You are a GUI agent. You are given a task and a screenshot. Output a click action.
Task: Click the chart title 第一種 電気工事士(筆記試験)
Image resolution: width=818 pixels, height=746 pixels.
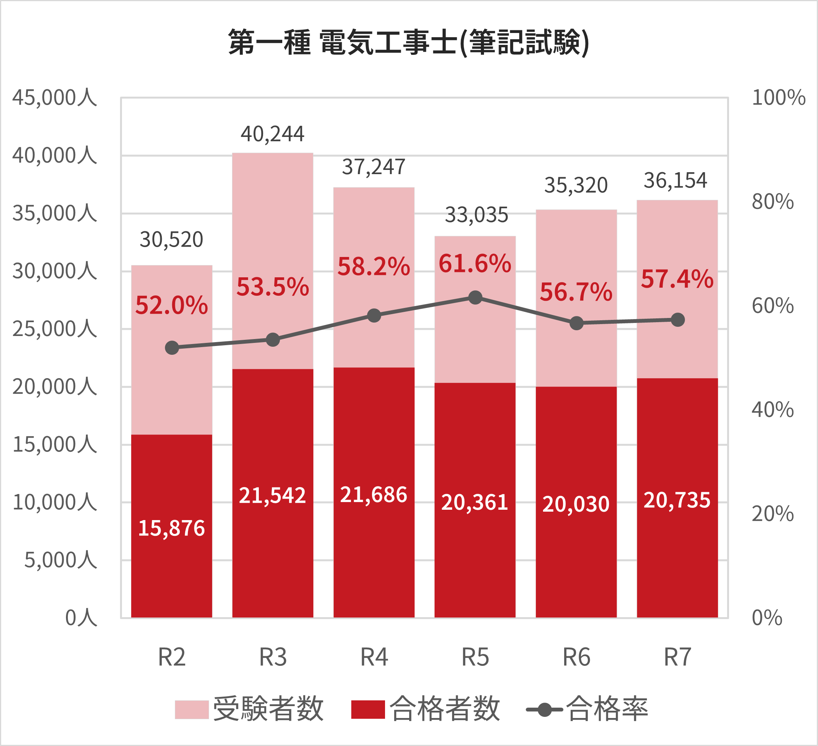(x=408, y=42)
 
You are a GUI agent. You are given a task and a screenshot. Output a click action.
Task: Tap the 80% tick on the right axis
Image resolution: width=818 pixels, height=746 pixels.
(x=772, y=202)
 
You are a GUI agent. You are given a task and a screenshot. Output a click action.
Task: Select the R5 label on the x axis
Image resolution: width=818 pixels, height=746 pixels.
(x=475, y=657)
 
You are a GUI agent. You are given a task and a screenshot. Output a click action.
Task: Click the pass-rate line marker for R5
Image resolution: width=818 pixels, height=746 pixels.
(x=475, y=298)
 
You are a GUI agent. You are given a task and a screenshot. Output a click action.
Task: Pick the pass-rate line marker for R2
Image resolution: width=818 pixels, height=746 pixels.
(x=172, y=347)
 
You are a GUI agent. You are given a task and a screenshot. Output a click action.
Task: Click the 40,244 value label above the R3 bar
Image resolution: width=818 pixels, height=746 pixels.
(x=272, y=134)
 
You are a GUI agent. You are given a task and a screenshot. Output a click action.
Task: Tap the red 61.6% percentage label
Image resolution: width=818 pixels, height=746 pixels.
(x=475, y=263)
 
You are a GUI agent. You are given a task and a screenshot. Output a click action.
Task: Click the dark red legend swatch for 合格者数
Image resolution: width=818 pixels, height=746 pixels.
(x=368, y=710)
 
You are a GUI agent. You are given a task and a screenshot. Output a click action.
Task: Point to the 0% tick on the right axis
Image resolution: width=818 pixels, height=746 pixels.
(x=767, y=618)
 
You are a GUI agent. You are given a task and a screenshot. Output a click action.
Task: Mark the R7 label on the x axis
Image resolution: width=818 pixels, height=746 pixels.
(x=677, y=657)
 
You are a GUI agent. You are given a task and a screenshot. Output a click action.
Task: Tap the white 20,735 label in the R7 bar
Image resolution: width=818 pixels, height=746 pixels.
(x=677, y=500)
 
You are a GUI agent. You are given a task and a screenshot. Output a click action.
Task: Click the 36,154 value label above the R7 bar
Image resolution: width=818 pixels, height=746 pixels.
(x=675, y=181)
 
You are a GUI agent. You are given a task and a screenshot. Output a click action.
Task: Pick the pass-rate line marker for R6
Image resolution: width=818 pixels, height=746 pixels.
(x=576, y=323)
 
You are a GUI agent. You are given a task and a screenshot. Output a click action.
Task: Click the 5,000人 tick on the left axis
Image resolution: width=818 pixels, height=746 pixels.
(x=61, y=560)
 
